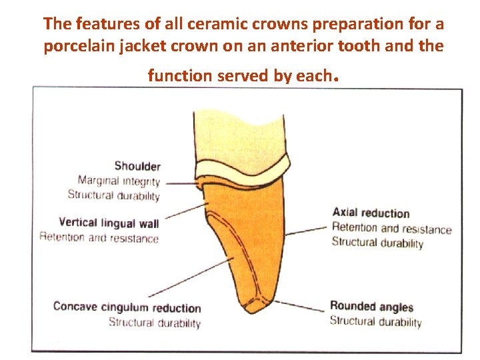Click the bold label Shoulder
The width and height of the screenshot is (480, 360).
tap(137, 166)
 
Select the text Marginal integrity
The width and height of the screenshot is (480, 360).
tap(119, 181)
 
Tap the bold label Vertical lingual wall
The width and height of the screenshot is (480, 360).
tap(109, 223)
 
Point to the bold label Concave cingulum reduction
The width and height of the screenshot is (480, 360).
tap(127, 308)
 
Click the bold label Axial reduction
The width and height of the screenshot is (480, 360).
tap(371, 213)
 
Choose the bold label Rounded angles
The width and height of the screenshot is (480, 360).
tap(371, 307)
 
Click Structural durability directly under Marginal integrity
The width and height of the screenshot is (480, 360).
tap(114, 195)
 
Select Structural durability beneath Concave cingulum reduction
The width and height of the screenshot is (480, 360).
tap(155, 323)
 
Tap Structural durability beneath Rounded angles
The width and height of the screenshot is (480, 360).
tap(376, 322)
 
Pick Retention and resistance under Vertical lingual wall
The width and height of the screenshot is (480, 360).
tap(99, 237)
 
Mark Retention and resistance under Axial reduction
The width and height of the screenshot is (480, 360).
tap(391, 229)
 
